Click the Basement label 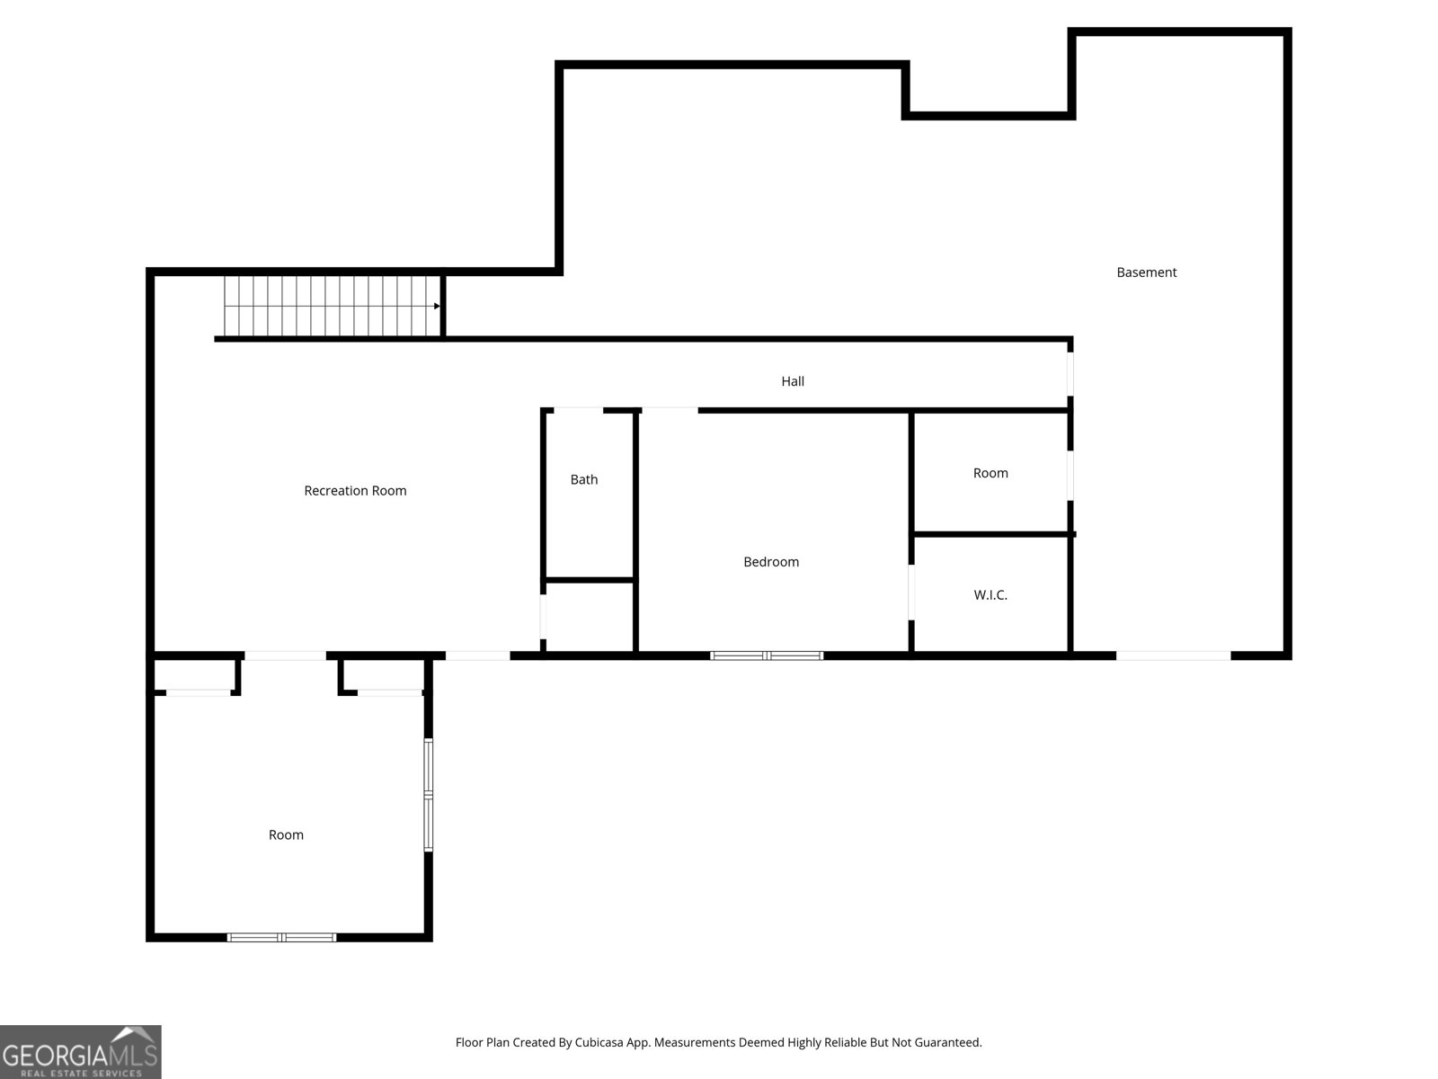(x=1146, y=272)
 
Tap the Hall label (x=792, y=381)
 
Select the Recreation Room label (x=355, y=491)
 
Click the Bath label (x=583, y=480)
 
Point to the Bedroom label (x=770, y=562)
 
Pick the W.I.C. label (x=990, y=595)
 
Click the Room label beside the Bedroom (x=990, y=473)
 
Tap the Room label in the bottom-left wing (x=286, y=835)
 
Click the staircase (x=333, y=306)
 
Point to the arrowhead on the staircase (x=437, y=306)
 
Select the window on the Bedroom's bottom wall (x=767, y=655)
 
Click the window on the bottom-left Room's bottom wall (x=281, y=937)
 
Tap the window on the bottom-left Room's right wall (x=429, y=795)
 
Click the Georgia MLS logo (x=81, y=1051)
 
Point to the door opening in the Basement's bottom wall (x=1173, y=655)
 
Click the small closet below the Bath (x=590, y=617)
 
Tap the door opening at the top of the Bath (x=578, y=411)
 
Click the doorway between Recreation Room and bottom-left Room (x=285, y=655)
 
